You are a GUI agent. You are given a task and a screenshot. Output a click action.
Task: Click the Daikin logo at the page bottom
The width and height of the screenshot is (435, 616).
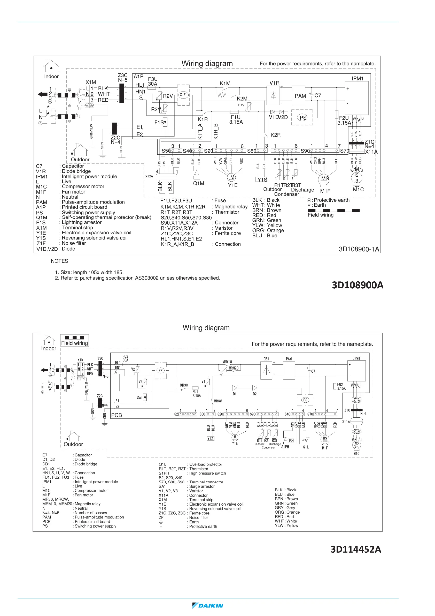click(208, 606)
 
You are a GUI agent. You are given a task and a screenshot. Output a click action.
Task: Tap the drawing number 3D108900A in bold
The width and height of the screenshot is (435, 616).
click(357, 285)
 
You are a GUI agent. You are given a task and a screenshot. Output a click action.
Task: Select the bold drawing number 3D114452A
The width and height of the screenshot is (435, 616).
click(356, 549)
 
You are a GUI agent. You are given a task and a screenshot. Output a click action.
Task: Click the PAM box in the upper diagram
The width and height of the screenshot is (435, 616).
click(300, 96)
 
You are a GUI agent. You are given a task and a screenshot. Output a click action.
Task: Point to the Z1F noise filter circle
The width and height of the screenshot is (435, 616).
click(183, 95)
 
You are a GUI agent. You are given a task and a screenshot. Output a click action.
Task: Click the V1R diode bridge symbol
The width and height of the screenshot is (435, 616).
click(273, 95)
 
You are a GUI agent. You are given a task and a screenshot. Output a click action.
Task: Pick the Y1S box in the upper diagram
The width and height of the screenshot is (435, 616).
click(262, 179)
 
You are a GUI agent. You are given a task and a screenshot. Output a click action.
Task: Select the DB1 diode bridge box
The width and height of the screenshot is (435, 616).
click(266, 370)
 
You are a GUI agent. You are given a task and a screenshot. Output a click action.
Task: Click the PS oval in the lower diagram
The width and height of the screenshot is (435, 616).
click(305, 400)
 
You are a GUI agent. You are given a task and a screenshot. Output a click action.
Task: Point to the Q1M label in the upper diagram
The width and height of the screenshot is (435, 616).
click(199, 184)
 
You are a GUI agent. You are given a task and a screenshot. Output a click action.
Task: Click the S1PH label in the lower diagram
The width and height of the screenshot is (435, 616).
click(285, 447)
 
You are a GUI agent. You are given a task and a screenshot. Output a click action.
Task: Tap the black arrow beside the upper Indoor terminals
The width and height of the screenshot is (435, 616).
click(43, 94)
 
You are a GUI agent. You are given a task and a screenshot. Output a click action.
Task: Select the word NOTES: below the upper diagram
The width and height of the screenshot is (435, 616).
click(60, 261)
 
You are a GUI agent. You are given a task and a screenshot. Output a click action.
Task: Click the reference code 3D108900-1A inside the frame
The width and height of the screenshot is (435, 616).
click(359, 249)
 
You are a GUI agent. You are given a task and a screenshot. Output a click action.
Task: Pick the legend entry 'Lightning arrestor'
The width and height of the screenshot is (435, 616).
click(81, 222)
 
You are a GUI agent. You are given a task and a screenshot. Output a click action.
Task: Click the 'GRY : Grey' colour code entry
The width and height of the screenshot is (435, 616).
click(285, 508)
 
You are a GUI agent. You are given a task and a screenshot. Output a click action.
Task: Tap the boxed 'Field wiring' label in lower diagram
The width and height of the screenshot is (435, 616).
click(74, 343)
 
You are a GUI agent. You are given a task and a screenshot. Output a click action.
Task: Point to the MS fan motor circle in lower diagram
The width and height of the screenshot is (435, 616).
click(325, 439)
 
